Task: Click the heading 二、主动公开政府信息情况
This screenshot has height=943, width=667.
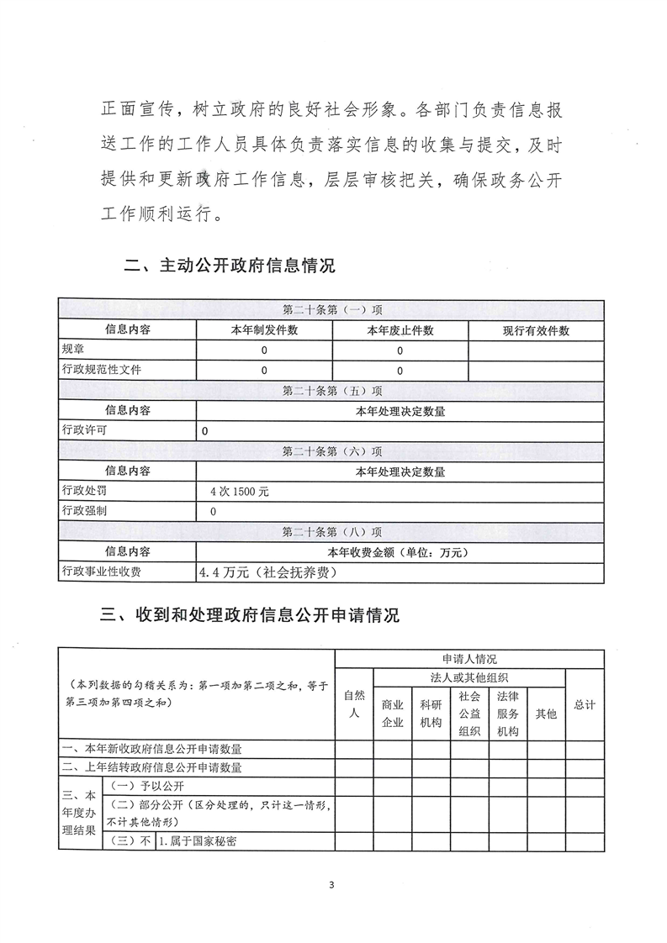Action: click(x=229, y=266)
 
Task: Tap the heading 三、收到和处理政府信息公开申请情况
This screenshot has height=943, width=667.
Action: click(x=249, y=615)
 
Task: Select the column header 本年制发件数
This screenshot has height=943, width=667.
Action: click(x=264, y=330)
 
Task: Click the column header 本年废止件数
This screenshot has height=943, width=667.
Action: click(x=400, y=330)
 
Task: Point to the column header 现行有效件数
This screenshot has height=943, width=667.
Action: click(x=536, y=330)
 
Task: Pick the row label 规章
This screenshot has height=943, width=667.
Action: click(x=73, y=350)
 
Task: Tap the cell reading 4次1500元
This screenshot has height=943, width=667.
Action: click(x=240, y=492)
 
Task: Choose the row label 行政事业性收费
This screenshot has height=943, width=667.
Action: click(x=102, y=572)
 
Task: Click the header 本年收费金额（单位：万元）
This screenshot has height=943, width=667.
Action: click(x=400, y=552)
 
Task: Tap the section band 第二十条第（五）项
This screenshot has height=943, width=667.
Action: click(x=332, y=391)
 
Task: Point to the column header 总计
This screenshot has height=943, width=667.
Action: click(x=584, y=705)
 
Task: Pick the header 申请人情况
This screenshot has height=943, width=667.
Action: click(x=469, y=660)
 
